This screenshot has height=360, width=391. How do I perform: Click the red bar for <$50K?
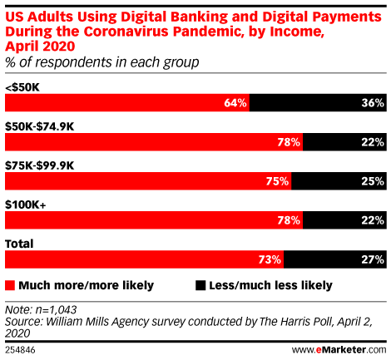[x=127, y=103]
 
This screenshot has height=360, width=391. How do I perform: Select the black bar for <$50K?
[x=318, y=103]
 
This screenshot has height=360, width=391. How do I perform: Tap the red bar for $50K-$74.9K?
[x=154, y=142]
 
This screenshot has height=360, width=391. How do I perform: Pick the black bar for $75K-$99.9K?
[x=339, y=181]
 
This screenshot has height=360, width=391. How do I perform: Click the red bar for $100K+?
[x=154, y=220]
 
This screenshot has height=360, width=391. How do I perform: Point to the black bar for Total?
[x=335, y=259]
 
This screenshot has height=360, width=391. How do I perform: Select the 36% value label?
[x=373, y=103]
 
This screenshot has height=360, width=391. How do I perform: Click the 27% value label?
[x=373, y=259]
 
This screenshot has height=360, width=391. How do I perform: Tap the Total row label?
[x=19, y=244]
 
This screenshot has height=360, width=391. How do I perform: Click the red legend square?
[x=10, y=285]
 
